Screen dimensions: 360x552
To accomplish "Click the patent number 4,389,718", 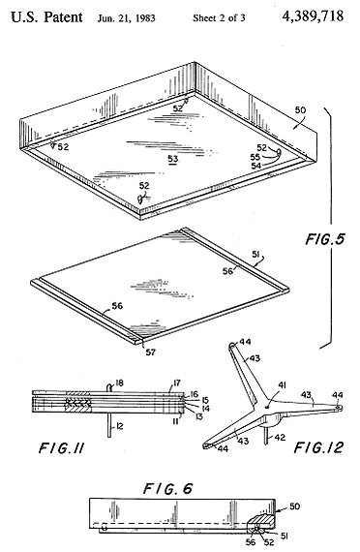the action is (x=313, y=16).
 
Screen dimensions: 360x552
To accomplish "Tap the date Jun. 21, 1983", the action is (x=127, y=18).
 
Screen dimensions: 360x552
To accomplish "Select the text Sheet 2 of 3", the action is (x=219, y=18).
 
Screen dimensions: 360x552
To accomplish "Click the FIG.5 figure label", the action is (x=324, y=239).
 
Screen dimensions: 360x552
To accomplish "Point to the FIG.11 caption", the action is (x=61, y=448).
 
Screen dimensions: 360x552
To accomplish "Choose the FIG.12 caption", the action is (x=318, y=447).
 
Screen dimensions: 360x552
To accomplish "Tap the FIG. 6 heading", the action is (x=167, y=489).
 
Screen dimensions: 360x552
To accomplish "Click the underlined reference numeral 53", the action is (x=173, y=160).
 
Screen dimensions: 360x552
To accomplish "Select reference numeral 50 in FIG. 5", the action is (x=300, y=110).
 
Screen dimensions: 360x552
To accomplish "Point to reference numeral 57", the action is (x=151, y=352).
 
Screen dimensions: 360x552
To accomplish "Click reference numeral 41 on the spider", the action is (x=282, y=385).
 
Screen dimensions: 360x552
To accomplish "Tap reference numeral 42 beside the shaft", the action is (x=280, y=438).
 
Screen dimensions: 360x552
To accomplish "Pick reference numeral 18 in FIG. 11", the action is (x=119, y=383).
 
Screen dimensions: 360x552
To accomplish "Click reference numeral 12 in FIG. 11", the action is (x=119, y=426).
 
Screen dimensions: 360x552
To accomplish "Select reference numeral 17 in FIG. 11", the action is (x=177, y=383).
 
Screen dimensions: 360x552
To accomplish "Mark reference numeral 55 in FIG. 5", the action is (x=255, y=157).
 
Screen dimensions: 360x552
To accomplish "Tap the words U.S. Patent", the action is (x=46, y=16).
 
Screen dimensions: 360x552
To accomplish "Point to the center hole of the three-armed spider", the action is (x=268, y=406).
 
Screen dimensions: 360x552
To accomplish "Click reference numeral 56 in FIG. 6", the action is (x=251, y=541).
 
